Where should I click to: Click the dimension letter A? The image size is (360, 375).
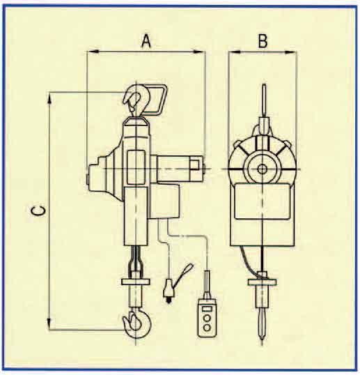point(146,41)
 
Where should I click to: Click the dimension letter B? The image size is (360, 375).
point(263,41)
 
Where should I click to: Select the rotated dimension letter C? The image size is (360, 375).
point(39,211)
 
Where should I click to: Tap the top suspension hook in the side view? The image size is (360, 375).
point(136,100)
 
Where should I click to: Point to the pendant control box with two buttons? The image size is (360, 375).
point(207,319)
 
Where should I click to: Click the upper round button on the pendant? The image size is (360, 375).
point(207,318)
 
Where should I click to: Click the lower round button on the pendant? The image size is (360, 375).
point(207,328)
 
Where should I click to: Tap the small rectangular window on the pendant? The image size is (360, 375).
point(207,309)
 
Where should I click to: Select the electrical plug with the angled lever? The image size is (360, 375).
point(175,284)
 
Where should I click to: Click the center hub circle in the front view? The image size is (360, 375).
point(262,169)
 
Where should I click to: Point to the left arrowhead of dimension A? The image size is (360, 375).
point(93,52)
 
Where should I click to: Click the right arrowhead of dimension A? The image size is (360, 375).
point(199,52)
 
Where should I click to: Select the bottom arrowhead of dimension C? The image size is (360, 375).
point(49,324)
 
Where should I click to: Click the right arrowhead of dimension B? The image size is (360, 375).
point(291,52)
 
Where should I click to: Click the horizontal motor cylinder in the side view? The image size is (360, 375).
point(180,169)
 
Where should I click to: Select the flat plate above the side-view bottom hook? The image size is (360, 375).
point(136,282)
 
